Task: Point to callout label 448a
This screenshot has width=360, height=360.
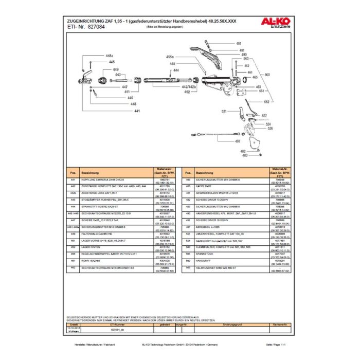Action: [x=109, y=55]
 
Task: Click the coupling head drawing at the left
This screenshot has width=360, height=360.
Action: [x=86, y=79]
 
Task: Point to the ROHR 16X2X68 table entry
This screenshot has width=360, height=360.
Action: [x=93, y=260]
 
